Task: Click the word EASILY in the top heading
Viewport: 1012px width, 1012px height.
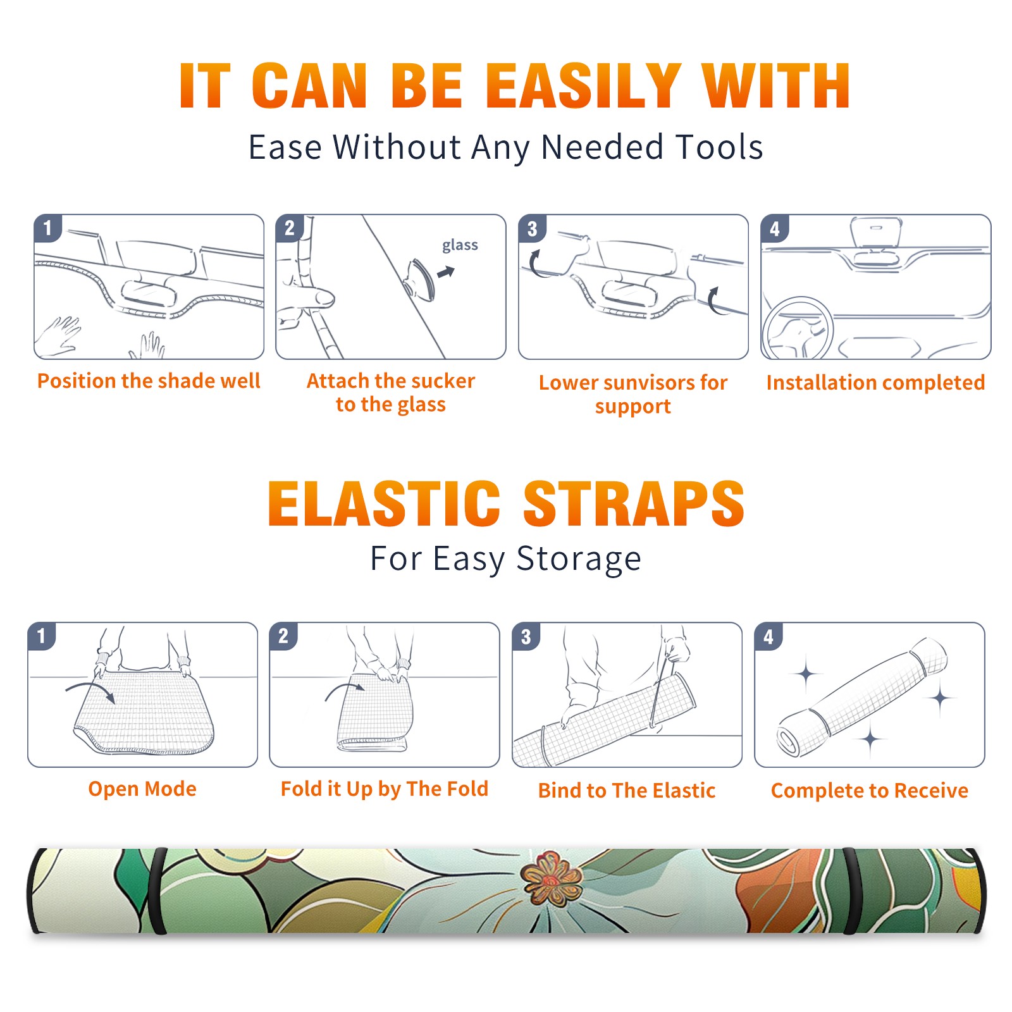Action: (583, 86)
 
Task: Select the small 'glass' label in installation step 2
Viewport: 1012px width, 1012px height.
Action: (460, 245)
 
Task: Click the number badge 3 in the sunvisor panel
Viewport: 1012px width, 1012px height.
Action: (532, 228)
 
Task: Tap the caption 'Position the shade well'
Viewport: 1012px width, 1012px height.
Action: (149, 381)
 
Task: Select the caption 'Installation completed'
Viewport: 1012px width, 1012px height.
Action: (875, 382)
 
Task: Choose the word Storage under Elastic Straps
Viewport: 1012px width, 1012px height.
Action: (579, 559)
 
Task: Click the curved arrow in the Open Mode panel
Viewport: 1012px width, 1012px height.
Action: (90, 690)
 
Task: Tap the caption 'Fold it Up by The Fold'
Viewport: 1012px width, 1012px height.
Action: (385, 789)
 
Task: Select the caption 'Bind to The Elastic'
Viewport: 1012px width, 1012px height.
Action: (627, 790)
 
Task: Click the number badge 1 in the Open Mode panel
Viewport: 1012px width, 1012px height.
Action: (42, 636)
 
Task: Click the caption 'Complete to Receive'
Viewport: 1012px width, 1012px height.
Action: (870, 790)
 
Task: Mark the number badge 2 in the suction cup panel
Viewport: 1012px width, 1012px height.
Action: (290, 228)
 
